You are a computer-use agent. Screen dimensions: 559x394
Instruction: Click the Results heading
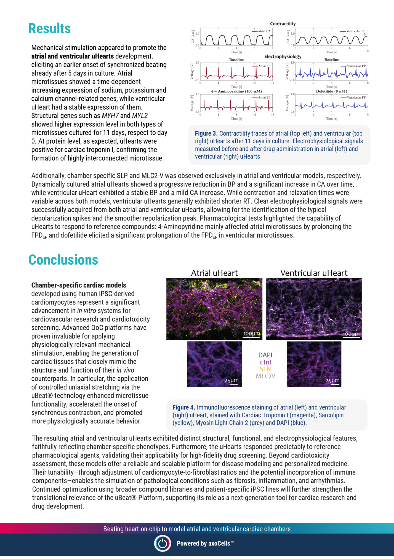pyautogui.click(x=50, y=29)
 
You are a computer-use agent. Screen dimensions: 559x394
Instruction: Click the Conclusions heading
pyautogui.click(x=63, y=260)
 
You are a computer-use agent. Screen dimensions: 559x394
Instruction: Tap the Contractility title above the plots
pyautogui.click(x=283, y=24)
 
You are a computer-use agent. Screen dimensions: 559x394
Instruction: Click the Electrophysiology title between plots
pyautogui.click(x=283, y=57)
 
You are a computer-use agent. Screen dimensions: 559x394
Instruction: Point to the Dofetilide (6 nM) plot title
pyautogui.click(x=331, y=91)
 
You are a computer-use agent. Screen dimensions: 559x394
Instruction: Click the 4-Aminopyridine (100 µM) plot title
pyautogui.click(x=236, y=91)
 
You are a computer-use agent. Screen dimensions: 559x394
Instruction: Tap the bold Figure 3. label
pyautogui.click(x=206, y=133)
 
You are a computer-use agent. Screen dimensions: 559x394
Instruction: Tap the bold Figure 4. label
pyautogui.click(x=184, y=407)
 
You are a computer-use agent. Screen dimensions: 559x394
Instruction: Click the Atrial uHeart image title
pyautogui.click(x=214, y=273)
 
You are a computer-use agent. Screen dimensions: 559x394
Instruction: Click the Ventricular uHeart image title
pyautogui.click(x=314, y=273)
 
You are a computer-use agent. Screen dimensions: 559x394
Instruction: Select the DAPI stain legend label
pyautogui.click(x=265, y=355)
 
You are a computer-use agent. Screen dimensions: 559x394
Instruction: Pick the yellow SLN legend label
pyautogui.click(x=265, y=369)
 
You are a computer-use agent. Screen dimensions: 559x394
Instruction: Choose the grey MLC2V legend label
pyautogui.click(x=265, y=376)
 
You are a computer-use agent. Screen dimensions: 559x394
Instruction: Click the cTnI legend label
pyautogui.click(x=265, y=362)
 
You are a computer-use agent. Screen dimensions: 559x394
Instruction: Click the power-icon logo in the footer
pyautogui.click(x=163, y=543)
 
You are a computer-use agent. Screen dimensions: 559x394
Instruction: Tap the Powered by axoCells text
pyautogui.click(x=205, y=543)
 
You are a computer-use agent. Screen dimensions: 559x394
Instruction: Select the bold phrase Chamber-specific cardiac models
pyautogui.click(x=79, y=285)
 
